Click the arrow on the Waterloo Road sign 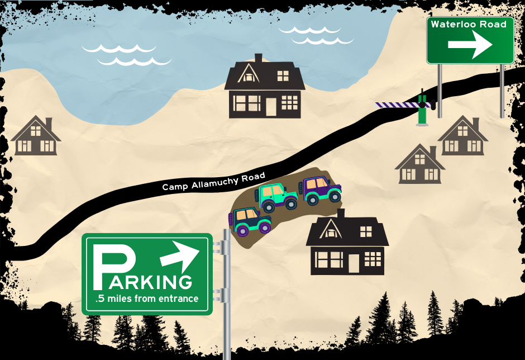tap(474, 44)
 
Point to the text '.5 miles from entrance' tap(147, 299)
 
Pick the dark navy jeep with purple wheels tap(250, 220)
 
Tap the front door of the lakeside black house tap(271, 106)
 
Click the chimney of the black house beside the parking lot tap(341, 213)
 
